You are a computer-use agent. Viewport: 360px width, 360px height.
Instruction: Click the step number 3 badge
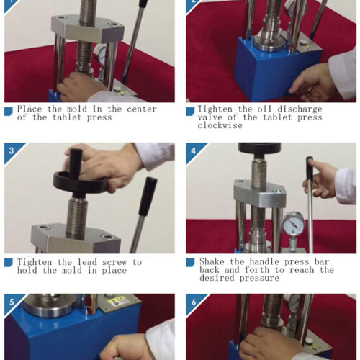(x=11, y=150)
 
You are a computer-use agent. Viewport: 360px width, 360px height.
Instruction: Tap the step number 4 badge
(x=193, y=150)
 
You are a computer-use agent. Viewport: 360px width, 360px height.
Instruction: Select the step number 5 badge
(x=11, y=302)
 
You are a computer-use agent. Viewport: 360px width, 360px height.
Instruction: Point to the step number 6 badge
(x=193, y=302)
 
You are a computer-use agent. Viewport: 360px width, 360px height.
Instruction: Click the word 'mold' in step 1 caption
(x=77, y=109)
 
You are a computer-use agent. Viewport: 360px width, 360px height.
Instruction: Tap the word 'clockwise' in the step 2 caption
(x=220, y=125)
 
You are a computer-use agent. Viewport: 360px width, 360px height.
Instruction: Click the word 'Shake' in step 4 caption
(x=212, y=261)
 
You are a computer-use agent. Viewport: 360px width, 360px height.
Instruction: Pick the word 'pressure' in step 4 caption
(x=259, y=278)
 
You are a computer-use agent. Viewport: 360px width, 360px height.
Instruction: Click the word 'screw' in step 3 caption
(x=114, y=262)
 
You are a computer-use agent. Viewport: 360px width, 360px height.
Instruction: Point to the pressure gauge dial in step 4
(x=294, y=223)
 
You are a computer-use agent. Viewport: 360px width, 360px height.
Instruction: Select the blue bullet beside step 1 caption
(x=9, y=111)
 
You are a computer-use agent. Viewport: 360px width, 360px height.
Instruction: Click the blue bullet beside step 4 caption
(x=190, y=262)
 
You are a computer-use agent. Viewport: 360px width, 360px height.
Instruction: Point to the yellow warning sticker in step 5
(x=117, y=301)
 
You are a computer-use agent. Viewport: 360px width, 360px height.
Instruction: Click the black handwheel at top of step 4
(x=259, y=149)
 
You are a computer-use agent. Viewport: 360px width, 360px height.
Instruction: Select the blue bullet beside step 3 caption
(x=9, y=263)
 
